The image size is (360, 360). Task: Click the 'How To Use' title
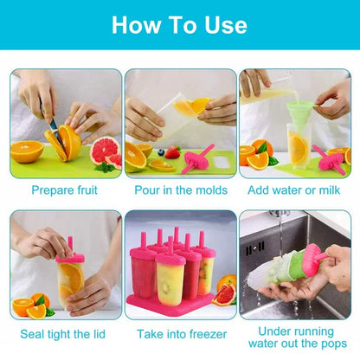coord(180,24)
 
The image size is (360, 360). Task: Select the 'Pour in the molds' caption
coord(181,189)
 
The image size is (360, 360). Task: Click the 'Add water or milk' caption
coord(296,189)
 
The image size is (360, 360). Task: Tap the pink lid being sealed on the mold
coord(71,256)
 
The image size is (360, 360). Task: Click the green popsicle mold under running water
coord(298,268)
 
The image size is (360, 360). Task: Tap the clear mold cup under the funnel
coord(299,147)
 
